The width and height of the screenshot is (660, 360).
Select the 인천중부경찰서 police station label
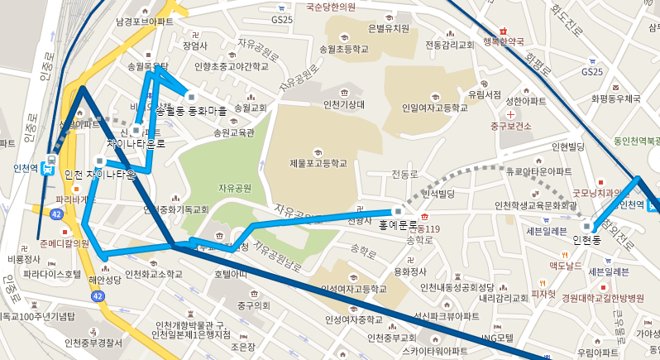click(93, 343)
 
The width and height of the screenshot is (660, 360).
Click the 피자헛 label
click(543, 293)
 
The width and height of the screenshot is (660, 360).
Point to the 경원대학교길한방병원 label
click(602, 298)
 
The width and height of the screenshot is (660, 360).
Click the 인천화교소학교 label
click(153, 274)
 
